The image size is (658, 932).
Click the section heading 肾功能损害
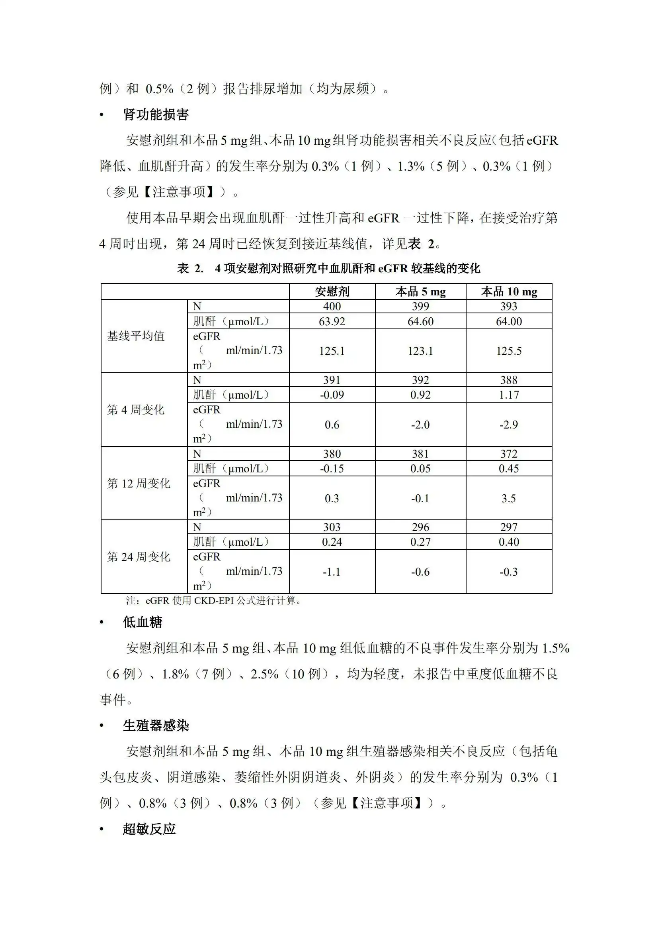[156, 115]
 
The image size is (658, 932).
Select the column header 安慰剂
[332, 291]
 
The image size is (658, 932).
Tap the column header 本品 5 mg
[420, 291]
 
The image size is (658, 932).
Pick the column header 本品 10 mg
[509, 291]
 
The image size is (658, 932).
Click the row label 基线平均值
[136, 336]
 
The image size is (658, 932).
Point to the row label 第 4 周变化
[136, 410]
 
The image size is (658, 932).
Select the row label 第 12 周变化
[139, 484]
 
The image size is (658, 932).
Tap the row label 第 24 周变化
[139, 557]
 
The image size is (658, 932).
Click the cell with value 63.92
[332, 321]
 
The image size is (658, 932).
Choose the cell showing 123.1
[420, 351]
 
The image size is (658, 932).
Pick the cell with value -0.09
[332, 395]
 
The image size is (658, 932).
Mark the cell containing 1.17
[509, 395]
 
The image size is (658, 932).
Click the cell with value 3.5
[509, 498]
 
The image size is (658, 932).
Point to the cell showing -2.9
[509, 425]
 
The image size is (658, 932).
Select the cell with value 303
[332, 527]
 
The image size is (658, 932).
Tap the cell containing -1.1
[332, 572]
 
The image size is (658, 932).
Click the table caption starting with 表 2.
[328, 268]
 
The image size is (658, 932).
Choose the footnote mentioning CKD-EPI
[214, 600]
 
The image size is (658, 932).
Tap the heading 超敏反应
[149, 829]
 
